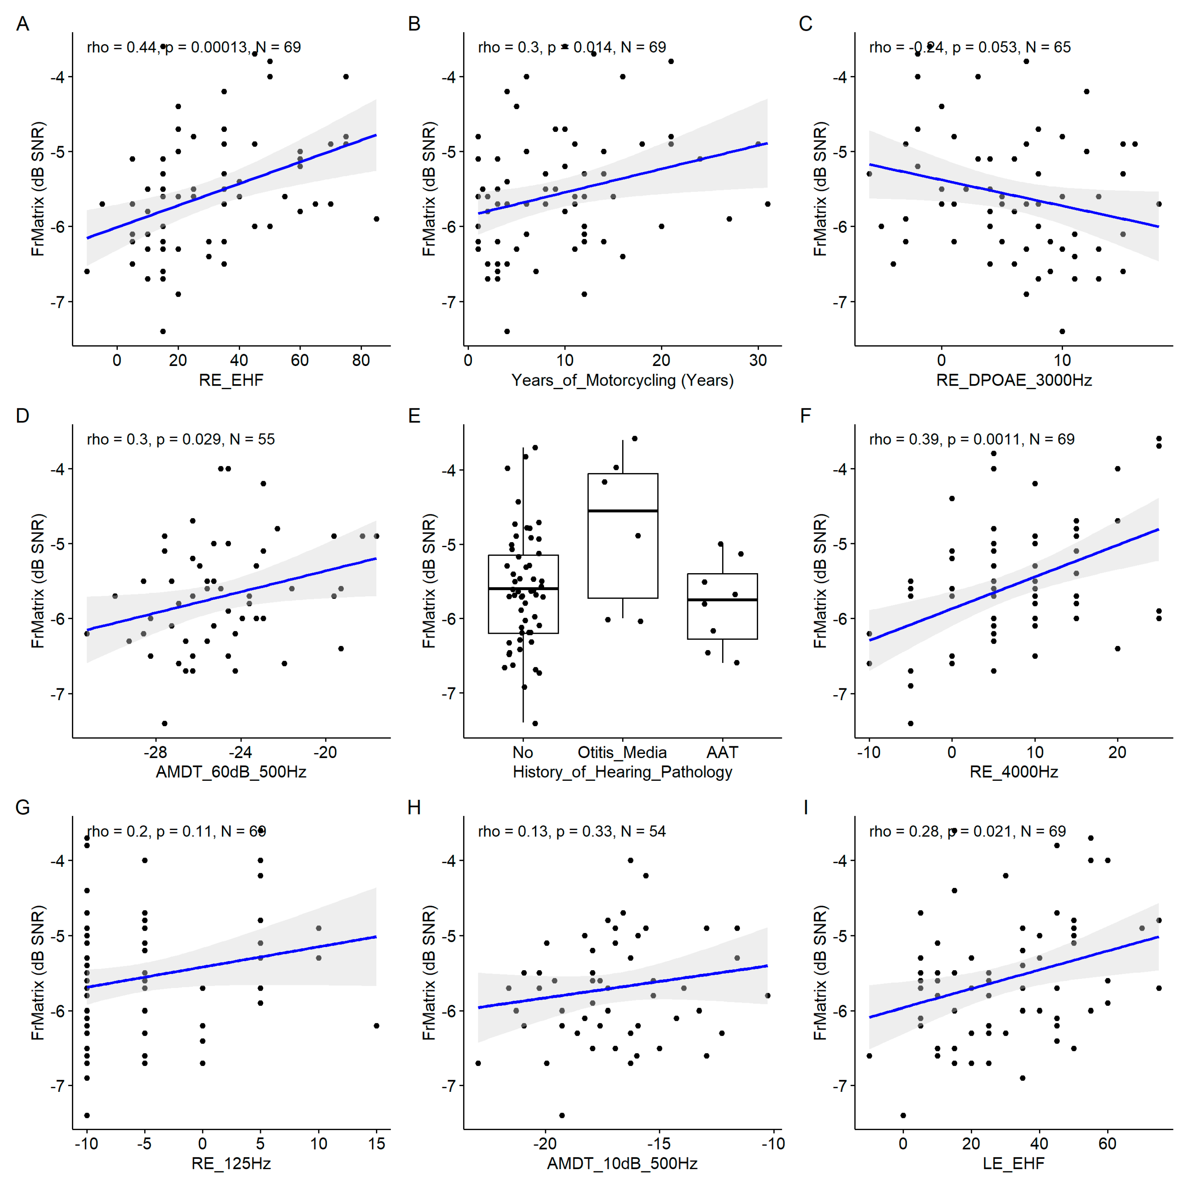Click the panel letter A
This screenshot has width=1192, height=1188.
pos(22,24)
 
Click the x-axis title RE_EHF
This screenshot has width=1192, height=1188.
pos(231,380)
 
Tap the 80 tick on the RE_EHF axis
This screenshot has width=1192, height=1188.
pos(361,360)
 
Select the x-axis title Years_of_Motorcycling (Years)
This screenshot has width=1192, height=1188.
pos(622,380)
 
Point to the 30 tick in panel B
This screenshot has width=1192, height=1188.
pos(758,360)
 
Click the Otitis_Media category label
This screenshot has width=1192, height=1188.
pos(622,752)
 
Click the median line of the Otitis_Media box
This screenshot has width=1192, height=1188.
pos(623,511)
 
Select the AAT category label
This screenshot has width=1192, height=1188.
pos(722,752)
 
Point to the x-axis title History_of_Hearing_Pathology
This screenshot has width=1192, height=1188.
pos(622,772)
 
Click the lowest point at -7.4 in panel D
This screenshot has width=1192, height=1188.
pos(164,723)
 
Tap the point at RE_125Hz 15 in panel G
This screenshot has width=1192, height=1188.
pos(376,1026)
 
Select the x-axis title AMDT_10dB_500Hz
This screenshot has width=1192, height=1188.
pos(622,1164)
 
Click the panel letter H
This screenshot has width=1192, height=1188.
pos(414,808)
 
